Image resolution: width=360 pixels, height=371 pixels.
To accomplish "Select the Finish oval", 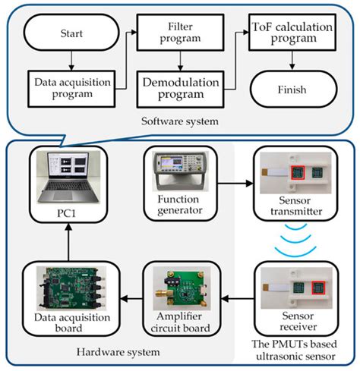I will coord(292,90).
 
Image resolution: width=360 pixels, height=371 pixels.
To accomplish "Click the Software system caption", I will coord(179,121).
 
